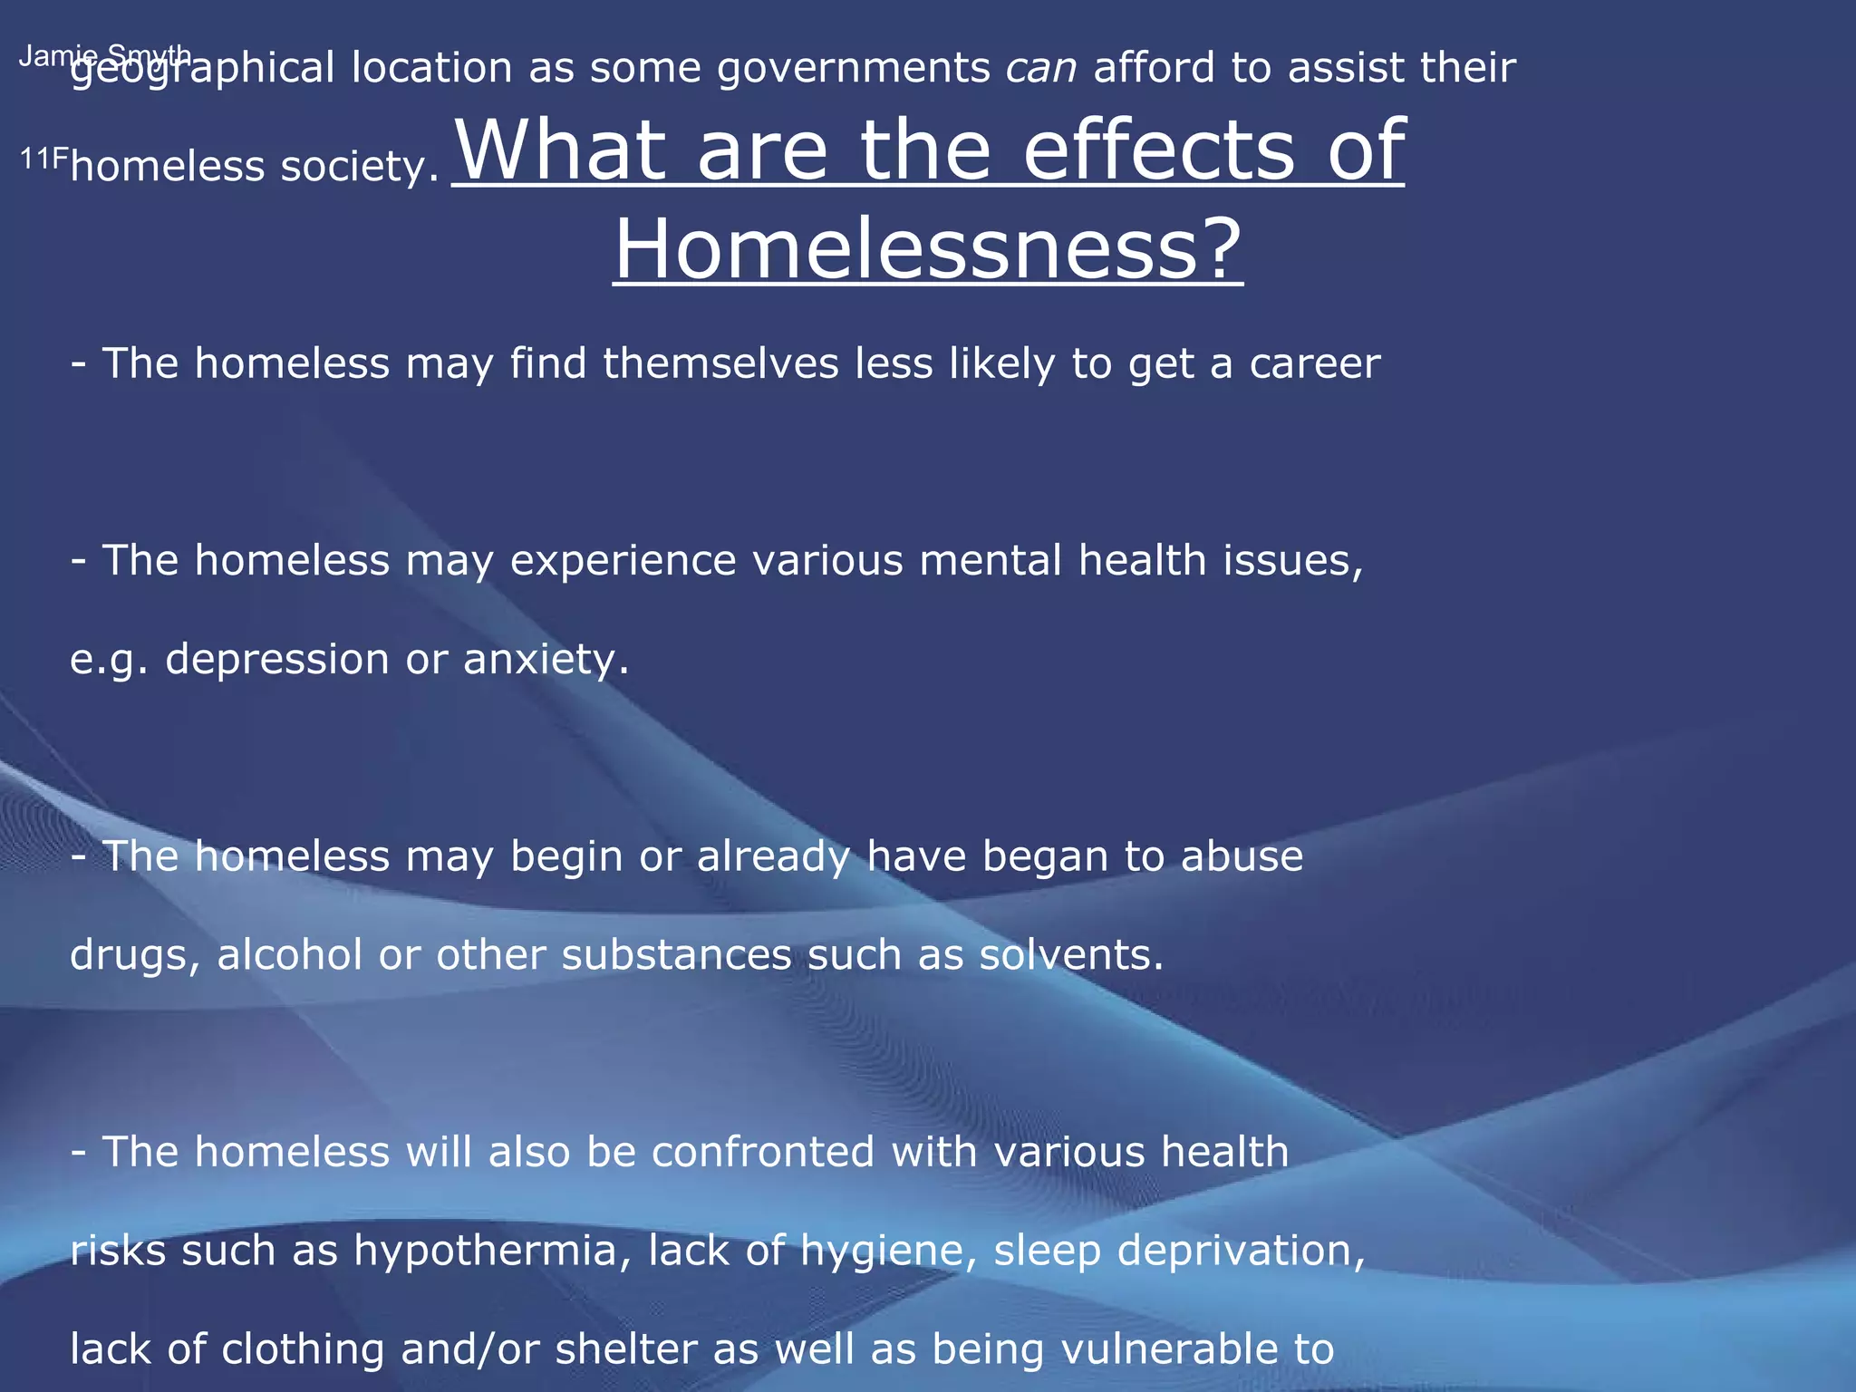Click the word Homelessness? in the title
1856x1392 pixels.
pos(928,249)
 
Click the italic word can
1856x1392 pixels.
pos(1041,69)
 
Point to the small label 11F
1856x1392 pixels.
pos(43,159)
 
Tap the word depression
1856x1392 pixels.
pos(277,660)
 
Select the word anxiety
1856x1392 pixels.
pos(546,660)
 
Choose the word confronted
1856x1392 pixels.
pos(763,1153)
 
